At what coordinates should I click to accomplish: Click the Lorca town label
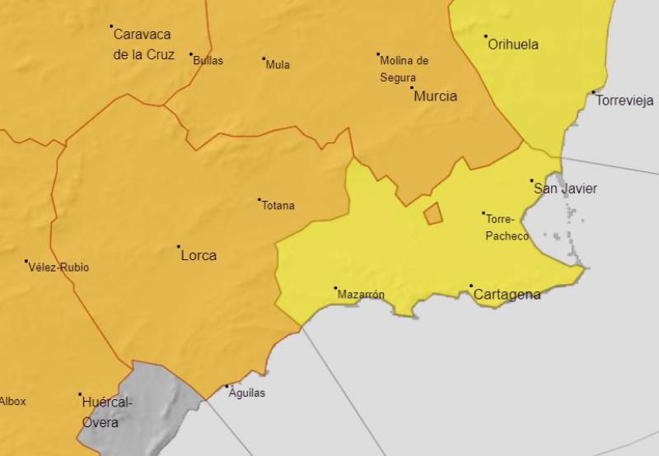pos(198,256)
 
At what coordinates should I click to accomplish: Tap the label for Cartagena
pos(507,295)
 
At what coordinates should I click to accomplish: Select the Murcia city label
pos(435,96)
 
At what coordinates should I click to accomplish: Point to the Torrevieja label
pos(624,101)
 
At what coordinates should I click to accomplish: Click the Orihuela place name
pos(513,44)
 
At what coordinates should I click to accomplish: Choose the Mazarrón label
pos(362,295)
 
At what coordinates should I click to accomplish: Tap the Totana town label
pos(278,206)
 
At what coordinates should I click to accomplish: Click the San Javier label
pos(566,189)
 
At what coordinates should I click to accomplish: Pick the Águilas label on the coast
pos(248,393)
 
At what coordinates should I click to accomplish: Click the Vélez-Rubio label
pos(58,268)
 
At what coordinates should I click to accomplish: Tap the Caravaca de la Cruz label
pos(143,44)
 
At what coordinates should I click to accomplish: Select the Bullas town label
pos(208,61)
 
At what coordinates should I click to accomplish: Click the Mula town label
pos(278,65)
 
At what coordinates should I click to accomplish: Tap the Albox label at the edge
pos(13,402)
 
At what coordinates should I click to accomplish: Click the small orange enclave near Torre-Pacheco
pos(433,214)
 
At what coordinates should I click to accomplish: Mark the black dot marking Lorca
pos(179,246)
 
